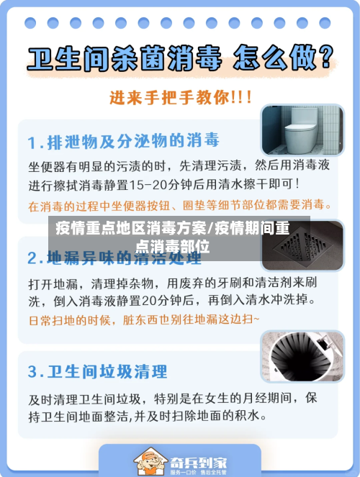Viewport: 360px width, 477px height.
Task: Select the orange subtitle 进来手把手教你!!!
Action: pos(180,97)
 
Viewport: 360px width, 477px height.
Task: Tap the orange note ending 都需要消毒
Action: pos(180,205)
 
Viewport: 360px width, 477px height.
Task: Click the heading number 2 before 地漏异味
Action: pos(33,257)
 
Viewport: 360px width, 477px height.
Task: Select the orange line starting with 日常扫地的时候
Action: pos(144,319)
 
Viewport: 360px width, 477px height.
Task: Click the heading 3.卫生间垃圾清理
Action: pos(97,371)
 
